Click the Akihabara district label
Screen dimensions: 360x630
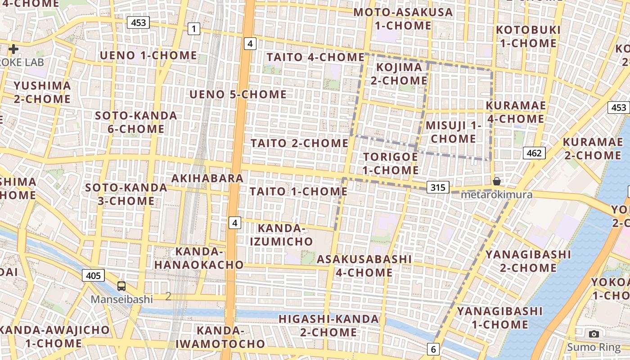click(x=207, y=178)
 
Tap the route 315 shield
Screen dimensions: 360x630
click(x=438, y=187)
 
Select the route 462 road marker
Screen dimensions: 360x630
click(x=534, y=153)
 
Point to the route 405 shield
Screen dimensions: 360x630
click(x=93, y=275)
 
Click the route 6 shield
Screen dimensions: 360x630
click(x=433, y=349)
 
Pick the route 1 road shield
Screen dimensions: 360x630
click(x=193, y=30)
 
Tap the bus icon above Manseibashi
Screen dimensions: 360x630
click(x=121, y=286)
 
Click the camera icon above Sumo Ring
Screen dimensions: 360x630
click(x=594, y=334)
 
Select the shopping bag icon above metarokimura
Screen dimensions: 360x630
click(x=496, y=181)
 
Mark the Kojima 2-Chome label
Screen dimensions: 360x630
click(x=399, y=74)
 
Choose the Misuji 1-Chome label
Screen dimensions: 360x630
click(x=453, y=132)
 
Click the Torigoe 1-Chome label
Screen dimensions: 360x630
click(x=391, y=163)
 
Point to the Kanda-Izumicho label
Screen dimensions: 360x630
click(x=281, y=235)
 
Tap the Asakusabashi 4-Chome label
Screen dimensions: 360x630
click(x=364, y=265)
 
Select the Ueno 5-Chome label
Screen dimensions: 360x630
click(x=238, y=94)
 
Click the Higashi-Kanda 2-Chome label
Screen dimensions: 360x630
click(x=328, y=325)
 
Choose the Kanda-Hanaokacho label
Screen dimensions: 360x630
click(x=199, y=258)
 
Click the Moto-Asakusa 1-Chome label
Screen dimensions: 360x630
click(x=403, y=19)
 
